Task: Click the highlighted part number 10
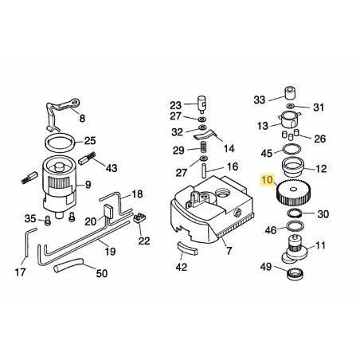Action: click(268, 182)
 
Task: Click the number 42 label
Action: click(181, 267)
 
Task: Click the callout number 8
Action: click(81, 118)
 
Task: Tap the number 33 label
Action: click(259, 100)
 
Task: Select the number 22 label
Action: click(143, 241)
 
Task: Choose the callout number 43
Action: click(111, 167)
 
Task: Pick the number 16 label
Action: click(233, 167)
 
